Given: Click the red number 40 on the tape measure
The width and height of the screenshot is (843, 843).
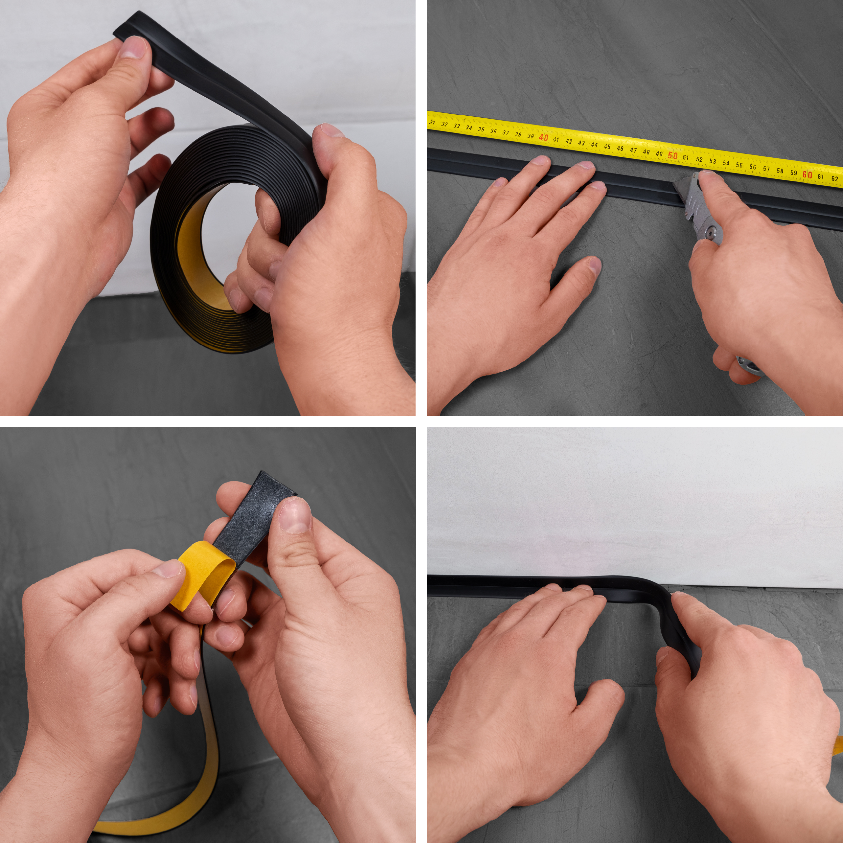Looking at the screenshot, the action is [543, 137].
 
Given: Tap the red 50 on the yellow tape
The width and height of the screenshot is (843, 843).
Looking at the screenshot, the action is [673, 156].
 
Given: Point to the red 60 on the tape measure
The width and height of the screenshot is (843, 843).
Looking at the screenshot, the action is [807, 175].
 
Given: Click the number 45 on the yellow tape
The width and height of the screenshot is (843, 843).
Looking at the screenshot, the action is [607, 147].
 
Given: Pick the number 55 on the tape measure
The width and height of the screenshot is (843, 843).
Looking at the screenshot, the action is [739, 165].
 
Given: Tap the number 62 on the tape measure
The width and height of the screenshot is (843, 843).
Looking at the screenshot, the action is [835, 179].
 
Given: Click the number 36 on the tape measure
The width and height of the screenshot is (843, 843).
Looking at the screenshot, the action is [493, 131].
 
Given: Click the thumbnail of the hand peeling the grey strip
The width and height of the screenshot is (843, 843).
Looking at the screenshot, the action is [294, 515].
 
